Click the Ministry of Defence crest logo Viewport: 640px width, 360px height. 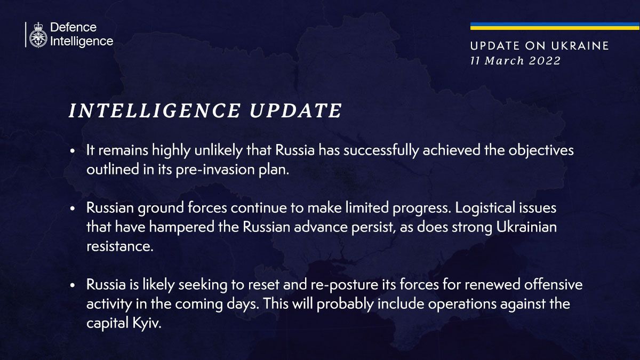pyautogui.click(x=38, y=35)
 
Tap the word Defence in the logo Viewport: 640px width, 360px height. pyautogui.click(x=74, y=27)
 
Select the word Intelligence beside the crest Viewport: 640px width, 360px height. pyautogui.click(x=82, y=42)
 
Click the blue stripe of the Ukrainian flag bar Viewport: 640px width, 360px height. pyautogui.click(x=555, y=25)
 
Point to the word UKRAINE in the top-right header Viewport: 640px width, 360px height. pyautogui.click(x=580, y=46)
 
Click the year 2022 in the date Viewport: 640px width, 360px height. pyautogui.click(x=545, y=61)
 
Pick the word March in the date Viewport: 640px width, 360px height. pyautogui.click(x=505, y=61)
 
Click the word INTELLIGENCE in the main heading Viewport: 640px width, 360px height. pyautogui.click(x=154, y=110)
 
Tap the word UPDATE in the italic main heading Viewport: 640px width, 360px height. pyautogui.click(x=295, y=110)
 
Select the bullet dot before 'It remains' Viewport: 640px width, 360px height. pyautogui.click(x=73, y=151)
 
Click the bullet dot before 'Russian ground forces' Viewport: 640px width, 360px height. pyautogui.click(x=73, y=209)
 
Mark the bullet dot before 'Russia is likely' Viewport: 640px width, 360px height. pyautogui.click(x=73, y=285)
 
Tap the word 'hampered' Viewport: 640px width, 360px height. pyautogui.click(x=182, y=227)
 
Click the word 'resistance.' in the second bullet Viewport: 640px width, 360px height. pyautogui.click(x=120, y=246)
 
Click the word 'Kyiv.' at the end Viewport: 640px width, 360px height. pyautogui.click(x=147, y=323)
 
